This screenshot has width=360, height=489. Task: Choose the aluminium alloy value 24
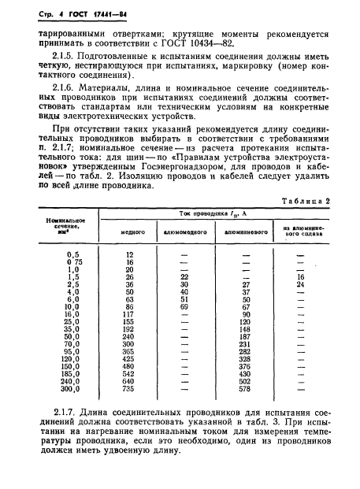pyautogui.click(x=299, y=284)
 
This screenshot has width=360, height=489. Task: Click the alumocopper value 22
pyautogui.click(x=184, y=277)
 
